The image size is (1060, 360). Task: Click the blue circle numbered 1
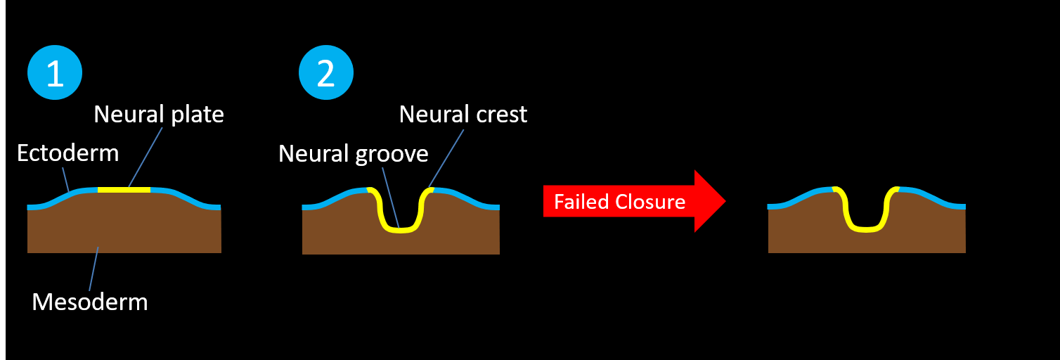(x=55, y=73)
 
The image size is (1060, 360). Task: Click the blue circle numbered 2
(x=326, y=73)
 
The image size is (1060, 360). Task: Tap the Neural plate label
(x=159, y=115)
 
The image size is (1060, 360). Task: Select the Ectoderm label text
(x=67, y=153)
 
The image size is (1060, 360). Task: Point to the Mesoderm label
(x=90, y=302)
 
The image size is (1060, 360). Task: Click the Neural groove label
(x=353, y=153)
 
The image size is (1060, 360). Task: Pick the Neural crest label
(x=463, y=115)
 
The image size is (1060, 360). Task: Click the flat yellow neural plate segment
(x=124, y=190)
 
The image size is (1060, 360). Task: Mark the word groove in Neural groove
(x=393, y=153)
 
